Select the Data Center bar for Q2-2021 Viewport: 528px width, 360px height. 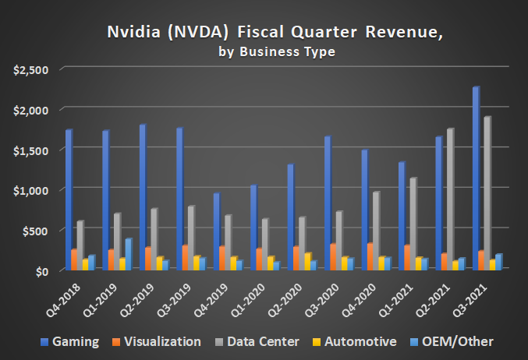pos(449,199)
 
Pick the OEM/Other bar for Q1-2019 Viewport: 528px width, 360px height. pos(128,254)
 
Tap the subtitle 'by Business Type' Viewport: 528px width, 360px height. pos(263,52)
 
